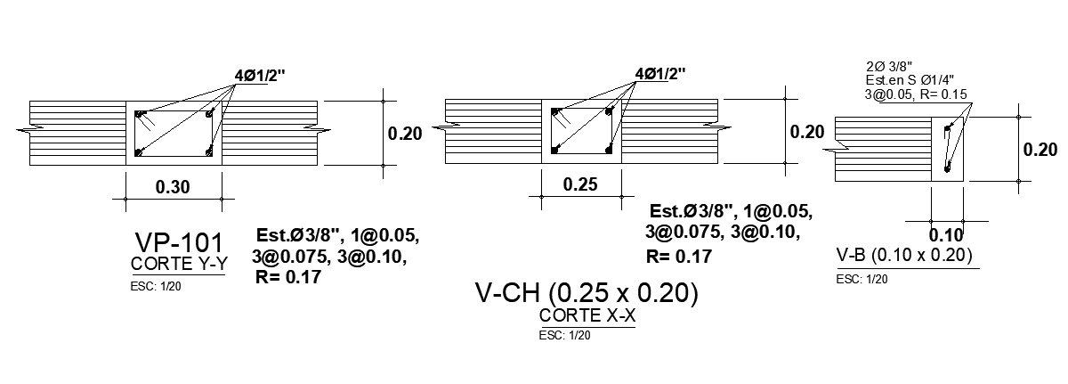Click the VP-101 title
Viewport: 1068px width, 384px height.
[x=177, y=242]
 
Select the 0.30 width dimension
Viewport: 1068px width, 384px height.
[x=174, y=188]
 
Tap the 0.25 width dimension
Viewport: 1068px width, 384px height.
[x=581, y=184]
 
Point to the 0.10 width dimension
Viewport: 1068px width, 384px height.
[x=946, y=235]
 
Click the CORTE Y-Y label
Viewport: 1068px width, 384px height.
[x=177, y=265]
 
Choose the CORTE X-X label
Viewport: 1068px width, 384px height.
[x=587, y=316]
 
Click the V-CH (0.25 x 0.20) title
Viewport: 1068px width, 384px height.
[x=587, y=292]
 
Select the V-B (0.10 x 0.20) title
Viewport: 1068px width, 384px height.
[x=905, y=256]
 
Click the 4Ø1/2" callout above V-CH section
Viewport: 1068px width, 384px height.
[x=660, y=72]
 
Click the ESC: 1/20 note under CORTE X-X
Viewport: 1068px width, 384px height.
[x=564, y=336]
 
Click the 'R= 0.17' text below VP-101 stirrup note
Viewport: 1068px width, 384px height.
[x=287, y=277]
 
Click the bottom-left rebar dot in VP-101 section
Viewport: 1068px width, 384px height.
[x=139, y=152]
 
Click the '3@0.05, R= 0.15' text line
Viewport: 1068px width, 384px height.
[x=916, y=94]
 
